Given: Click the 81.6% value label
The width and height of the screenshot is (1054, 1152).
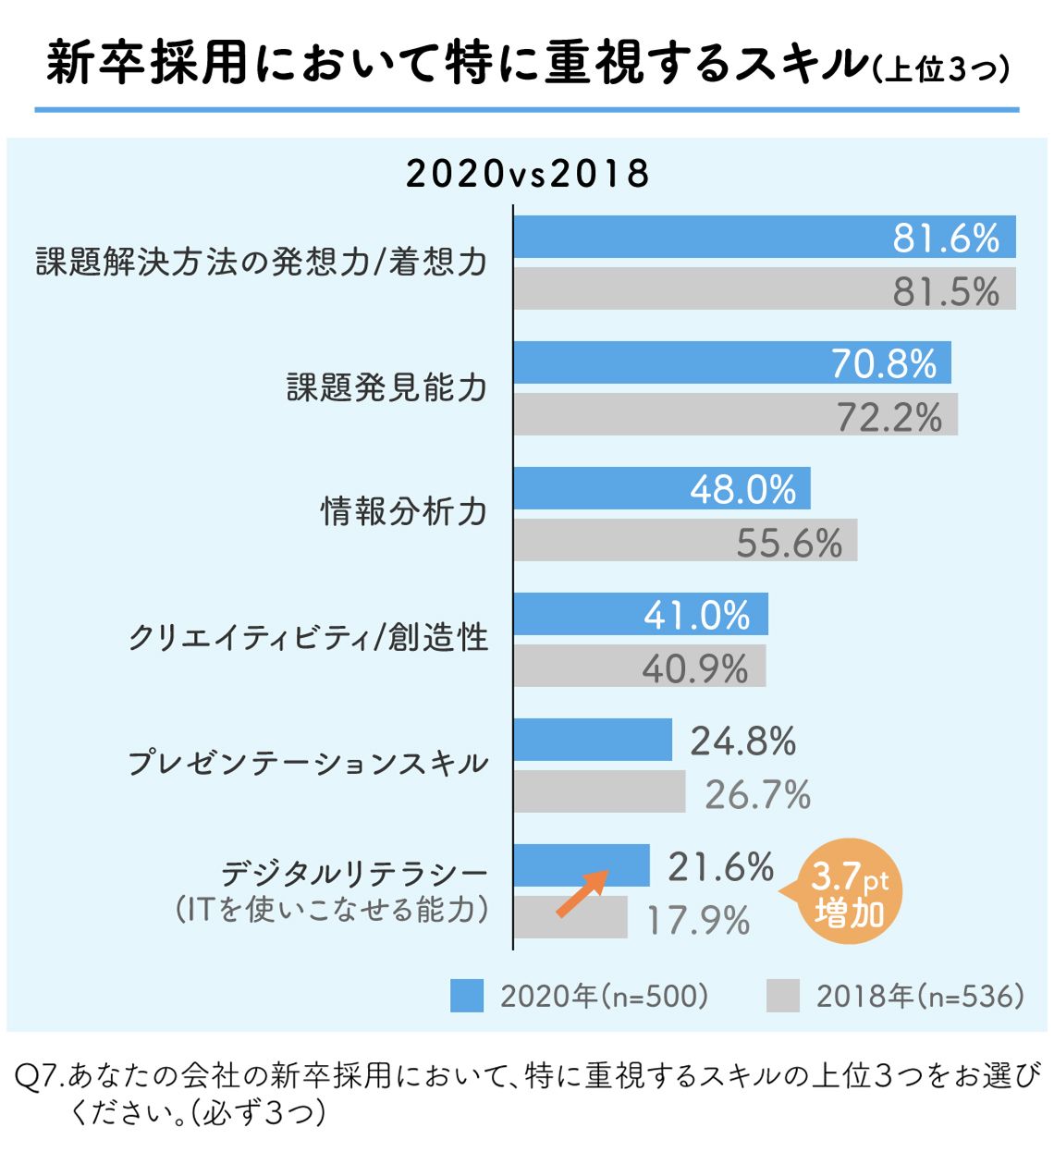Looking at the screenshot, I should [946, 239].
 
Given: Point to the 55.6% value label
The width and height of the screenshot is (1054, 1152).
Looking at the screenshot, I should [789, 543].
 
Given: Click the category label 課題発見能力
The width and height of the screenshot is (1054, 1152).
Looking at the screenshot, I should [386, 387].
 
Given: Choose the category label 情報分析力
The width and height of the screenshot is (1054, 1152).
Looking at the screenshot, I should [403, 511].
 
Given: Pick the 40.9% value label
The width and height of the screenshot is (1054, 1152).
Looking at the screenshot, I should [694, 668].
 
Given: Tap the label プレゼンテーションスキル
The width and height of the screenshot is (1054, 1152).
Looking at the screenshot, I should [307, 764].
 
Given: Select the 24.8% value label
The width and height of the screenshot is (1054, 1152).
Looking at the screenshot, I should [742, 741].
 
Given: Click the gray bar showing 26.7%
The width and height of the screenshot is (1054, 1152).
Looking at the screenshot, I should [599, 792].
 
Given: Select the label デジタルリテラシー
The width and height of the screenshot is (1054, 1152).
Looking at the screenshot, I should [353, 874].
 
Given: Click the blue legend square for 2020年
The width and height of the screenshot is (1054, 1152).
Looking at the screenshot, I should [467, 996].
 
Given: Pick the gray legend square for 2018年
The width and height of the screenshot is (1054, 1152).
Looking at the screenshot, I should [782, 996].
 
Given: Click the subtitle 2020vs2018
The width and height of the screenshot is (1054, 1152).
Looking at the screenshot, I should [528, 174].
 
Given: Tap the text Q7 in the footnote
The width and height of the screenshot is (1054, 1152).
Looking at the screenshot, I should [39, 1075].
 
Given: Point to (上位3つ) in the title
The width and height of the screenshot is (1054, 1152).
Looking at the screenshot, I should [941, 68].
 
